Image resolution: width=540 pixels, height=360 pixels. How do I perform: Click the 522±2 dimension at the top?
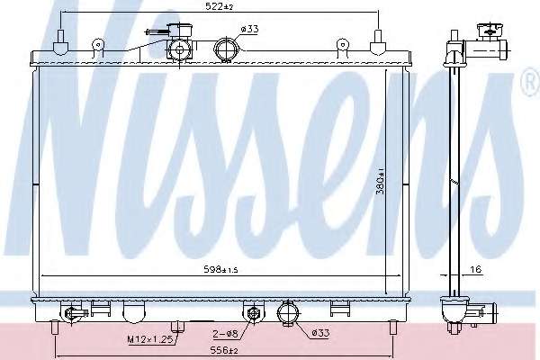click(x=220, y=6)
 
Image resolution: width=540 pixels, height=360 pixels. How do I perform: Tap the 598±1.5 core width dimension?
click(x=220, y=270)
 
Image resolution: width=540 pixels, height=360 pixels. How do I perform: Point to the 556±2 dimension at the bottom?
click(x=224, y=350)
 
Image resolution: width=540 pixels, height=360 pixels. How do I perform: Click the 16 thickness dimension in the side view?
click(x=475, y=269)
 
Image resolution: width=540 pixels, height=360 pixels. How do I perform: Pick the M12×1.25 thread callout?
click(x=149, y=339)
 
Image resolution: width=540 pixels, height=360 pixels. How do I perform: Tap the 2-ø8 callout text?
click(x=226, y=333)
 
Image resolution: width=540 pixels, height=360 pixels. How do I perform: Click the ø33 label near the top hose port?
click(x=249, y=30)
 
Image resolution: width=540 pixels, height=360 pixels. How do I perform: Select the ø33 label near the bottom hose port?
click(x=320, y=333)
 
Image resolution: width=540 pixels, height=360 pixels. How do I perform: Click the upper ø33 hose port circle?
click(x=226, y=49)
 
